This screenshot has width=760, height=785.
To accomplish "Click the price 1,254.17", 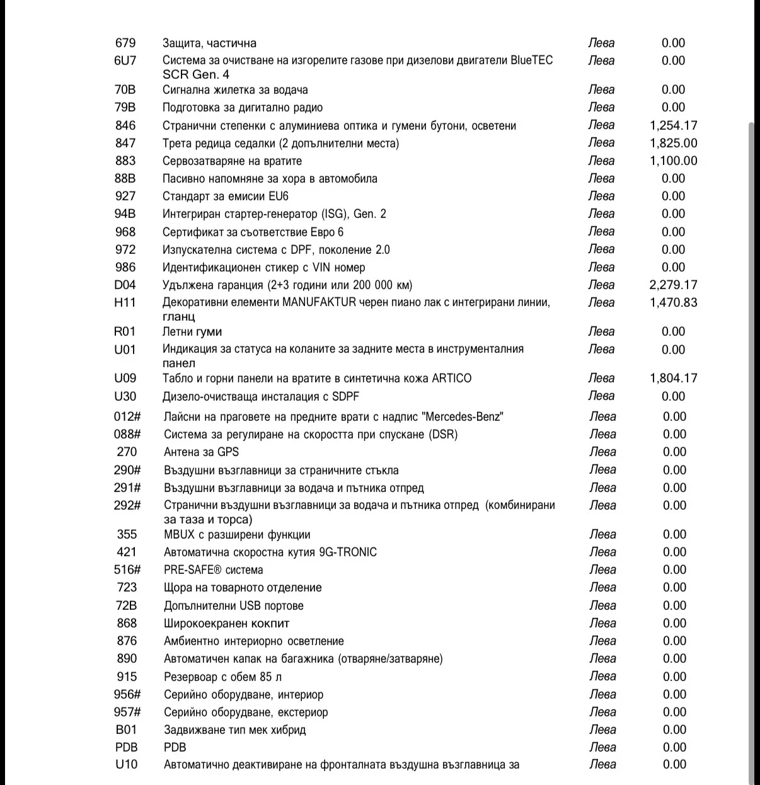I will point(673,125).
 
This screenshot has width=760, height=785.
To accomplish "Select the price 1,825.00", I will point(673,143).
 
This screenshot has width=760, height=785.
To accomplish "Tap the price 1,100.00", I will point(673,161).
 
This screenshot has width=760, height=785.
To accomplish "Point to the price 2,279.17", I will point(673,285).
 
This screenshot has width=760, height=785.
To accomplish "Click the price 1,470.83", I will point(673,302).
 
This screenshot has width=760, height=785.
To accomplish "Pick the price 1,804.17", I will point(673,378).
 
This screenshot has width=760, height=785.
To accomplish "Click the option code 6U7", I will point(125,60).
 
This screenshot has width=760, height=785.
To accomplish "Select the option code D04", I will point(125,285).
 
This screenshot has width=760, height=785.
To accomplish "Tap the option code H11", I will point(125,302).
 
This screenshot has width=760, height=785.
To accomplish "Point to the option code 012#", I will point(127,416).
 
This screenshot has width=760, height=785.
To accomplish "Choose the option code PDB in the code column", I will point(126,747).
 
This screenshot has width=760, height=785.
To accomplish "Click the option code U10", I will point(126,765).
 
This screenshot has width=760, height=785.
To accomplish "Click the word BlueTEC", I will point(531,60).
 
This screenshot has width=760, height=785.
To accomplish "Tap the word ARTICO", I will point(451,378).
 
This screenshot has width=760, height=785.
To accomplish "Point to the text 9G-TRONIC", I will point(348,552).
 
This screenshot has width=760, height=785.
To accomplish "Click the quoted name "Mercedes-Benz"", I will point(463,416).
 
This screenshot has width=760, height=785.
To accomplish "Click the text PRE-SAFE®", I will point(193,570).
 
